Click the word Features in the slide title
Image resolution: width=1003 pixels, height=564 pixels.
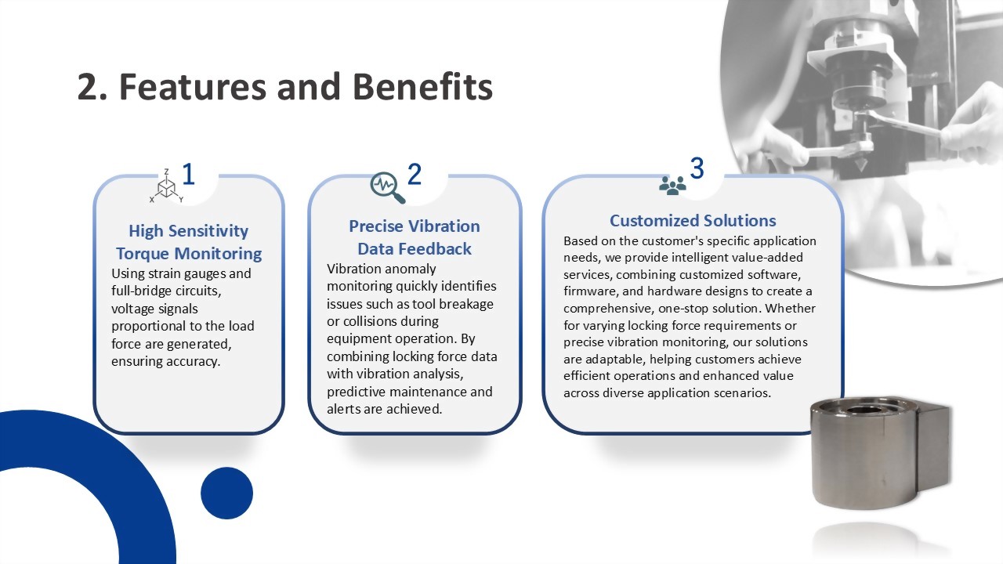[193, 86]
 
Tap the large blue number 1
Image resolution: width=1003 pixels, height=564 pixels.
[189, 174]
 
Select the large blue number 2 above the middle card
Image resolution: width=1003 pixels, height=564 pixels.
[415, 174]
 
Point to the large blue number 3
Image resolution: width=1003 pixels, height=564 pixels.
[697, 168]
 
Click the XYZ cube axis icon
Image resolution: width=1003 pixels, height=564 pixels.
[166, 186]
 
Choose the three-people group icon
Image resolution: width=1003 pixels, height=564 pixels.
[672, 186]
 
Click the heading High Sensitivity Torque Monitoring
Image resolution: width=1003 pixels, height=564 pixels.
[189, 242]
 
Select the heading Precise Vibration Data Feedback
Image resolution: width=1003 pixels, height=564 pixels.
[415, 237]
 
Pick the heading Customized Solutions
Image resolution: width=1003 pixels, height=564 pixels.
[693, 221]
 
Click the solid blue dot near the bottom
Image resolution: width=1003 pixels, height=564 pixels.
[226, 493]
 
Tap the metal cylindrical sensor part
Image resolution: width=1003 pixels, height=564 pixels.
[880, 453]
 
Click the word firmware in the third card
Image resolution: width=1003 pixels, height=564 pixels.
[591, 291]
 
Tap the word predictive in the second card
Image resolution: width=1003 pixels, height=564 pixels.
[357, 392]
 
